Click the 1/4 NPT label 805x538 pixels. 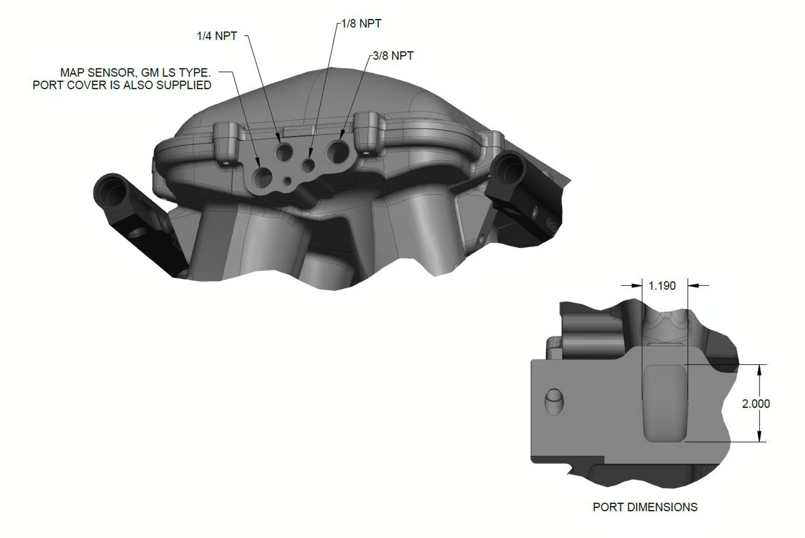click(x=217, y=36)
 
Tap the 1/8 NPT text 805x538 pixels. click(x=361, y=24)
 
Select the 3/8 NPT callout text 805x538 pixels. click(x=393, y=56)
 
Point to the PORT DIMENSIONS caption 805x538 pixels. click(x=645, y=507)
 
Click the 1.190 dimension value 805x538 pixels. click(x=662, y=286)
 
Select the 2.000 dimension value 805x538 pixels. click(x=756, y=404)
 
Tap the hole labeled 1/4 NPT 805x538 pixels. click(x=284, y=153)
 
